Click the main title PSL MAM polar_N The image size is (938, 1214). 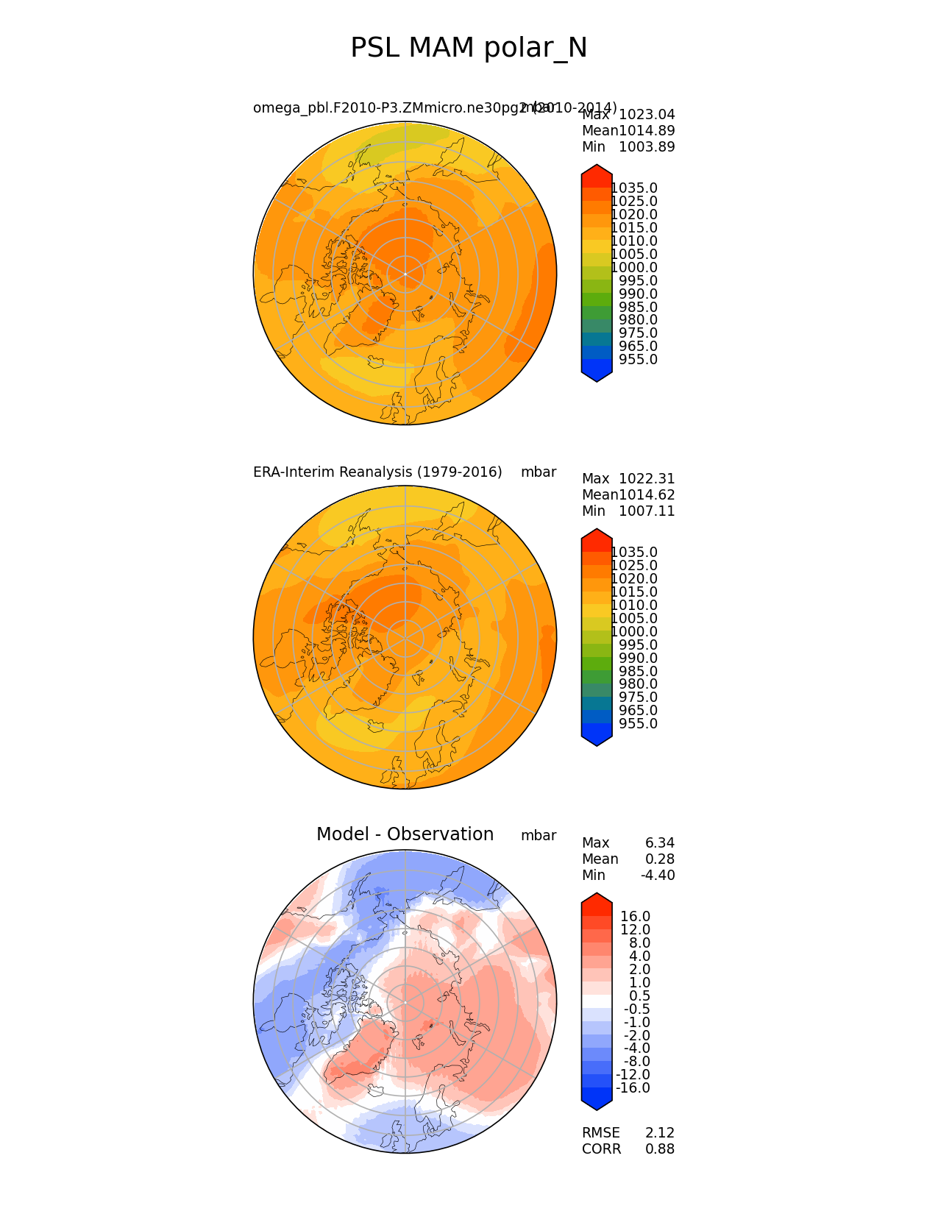point(469,49)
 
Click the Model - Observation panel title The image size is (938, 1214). point(405,834)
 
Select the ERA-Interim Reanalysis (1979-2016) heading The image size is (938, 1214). point(377,472)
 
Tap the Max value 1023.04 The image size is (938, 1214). point(647,115)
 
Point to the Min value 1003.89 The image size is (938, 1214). point(647,147)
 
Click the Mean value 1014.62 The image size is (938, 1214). point(647,495)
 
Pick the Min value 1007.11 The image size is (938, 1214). point(647,511)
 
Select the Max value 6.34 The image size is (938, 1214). point(660,843)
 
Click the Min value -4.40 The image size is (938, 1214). point(658,876)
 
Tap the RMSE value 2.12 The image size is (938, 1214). point(660,1133)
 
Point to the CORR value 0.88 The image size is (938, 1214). point(660,1149)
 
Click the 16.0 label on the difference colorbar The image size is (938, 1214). point(635,917)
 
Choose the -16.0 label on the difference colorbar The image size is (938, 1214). point(633,1088)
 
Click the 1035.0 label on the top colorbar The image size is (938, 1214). point(634,188)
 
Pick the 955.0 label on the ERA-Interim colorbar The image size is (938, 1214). point(638,724)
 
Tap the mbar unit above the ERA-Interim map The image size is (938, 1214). point(539,472)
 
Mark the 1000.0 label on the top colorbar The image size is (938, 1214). point(634,268)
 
